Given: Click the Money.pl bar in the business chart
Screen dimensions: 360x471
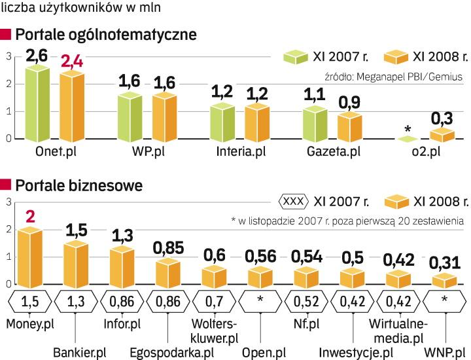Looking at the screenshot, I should click(x=29, y=257).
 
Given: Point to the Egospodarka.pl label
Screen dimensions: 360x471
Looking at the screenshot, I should click(x=181, y=352).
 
